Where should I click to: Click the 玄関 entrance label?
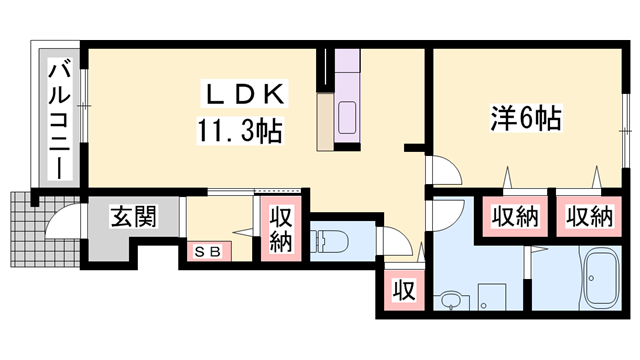point(132,217)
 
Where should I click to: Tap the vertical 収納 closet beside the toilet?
point(280,230)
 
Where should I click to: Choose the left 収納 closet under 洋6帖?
point(515,214)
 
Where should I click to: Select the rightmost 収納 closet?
point(589,214)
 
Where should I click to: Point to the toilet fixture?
point(331,242)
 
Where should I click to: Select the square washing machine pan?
point(492,297)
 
